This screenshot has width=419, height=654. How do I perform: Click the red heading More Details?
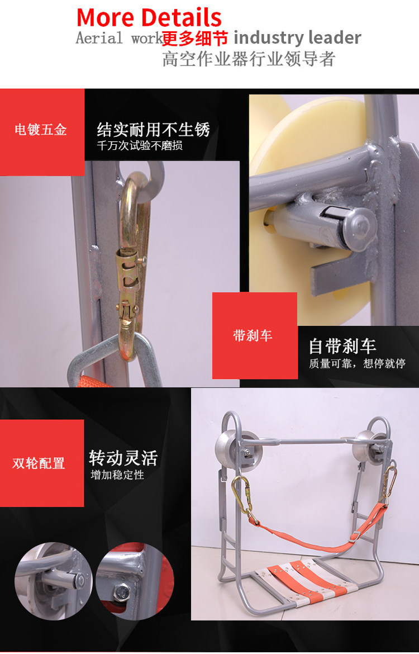pyautogui.click(x=149, y=18)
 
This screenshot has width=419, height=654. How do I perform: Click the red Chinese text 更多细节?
pyautogui.click(x=195, y=39)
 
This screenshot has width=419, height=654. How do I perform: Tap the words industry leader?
pyautogui.click(x=297, y=37)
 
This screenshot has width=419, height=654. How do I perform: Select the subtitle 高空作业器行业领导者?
pyautogui.click(x=249, y=59)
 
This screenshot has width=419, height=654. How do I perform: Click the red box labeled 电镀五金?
pyautogui.click(x=42, y=132)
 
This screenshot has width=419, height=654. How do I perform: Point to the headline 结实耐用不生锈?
pyautogui.click(x=154, y=130)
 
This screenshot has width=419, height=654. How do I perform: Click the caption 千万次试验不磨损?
pyautogui.click(x=140, y=145)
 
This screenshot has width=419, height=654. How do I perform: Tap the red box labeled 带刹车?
pyautogui.click(x=255, y=335)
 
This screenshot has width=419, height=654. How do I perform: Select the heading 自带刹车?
pyautogui.click(x=342, y=346)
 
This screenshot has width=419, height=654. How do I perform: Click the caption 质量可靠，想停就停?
pyautogui.click(x=358, y=364)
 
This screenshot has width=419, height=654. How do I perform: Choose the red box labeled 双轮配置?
pyautogui.click(x=42, y=463)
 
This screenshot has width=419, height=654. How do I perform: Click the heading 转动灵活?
pyautogui.click(x=123, y=458)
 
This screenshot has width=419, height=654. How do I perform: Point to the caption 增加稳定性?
pyautogui.click(x=117, y=475)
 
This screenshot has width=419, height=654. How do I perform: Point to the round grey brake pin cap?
pyautogui.click(x=359, y=229)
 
